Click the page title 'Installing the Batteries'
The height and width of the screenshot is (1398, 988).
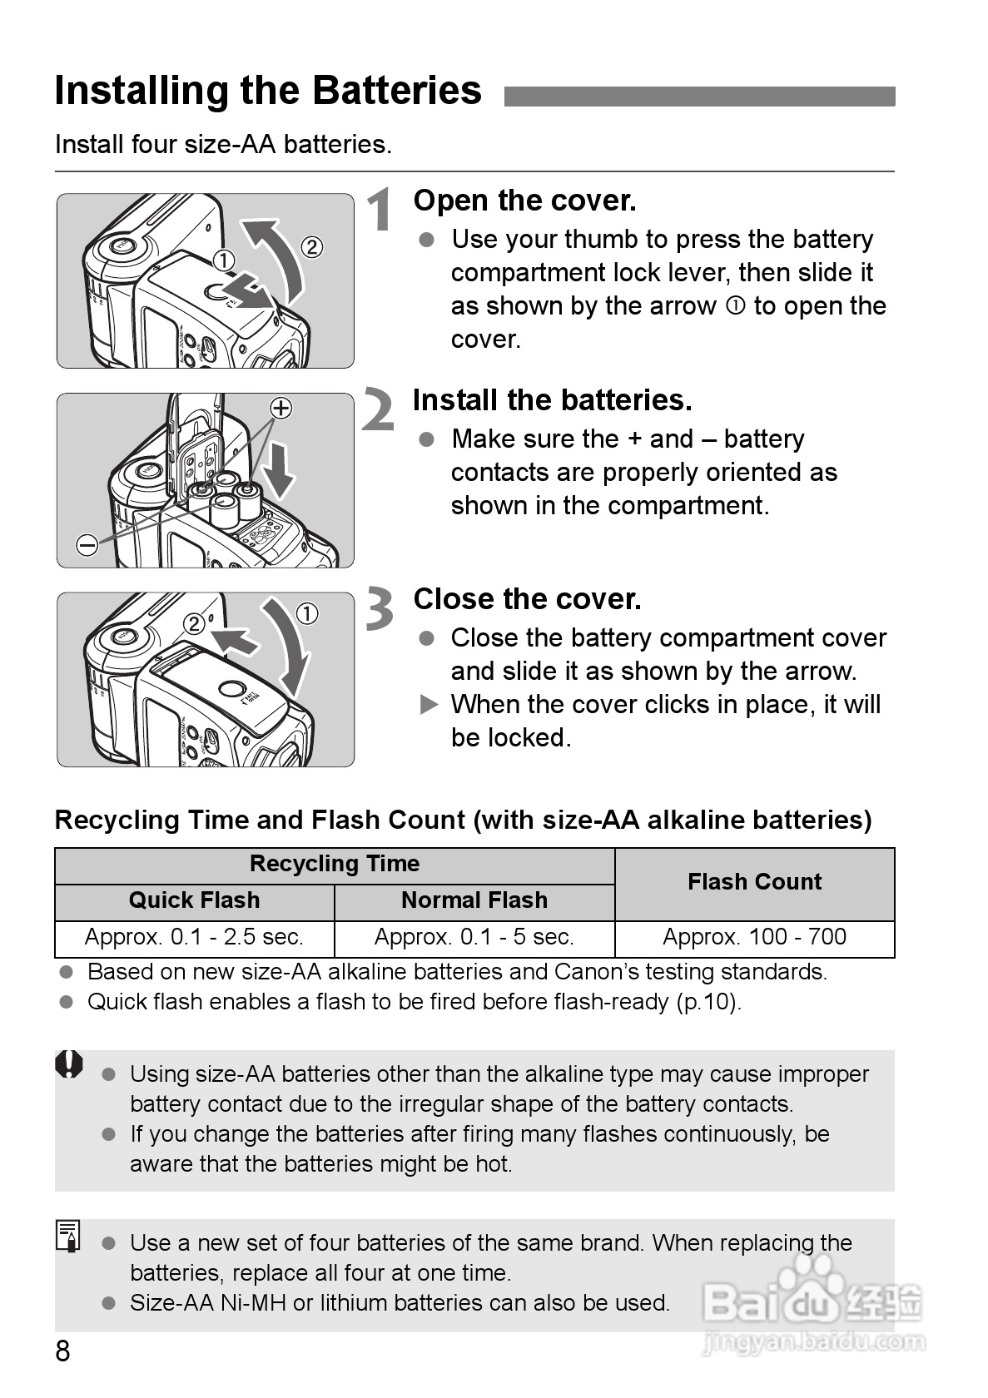click(268, 91)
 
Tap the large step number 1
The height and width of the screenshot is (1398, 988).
click(381, 210)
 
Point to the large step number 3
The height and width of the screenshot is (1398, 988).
click(380, 609)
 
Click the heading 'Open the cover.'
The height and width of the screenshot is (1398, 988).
click(524, 201)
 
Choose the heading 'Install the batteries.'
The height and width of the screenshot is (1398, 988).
click(552, 400)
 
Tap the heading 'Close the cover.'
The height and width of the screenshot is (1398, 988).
click(527, 599)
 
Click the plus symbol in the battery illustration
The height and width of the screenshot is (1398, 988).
click(281, 408)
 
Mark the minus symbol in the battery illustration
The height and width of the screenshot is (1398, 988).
click(87, 545)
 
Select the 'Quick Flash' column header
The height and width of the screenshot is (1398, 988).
click(194, 900)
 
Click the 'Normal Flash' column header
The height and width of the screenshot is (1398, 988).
click(474, 900)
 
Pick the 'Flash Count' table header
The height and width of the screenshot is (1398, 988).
click(754, 882)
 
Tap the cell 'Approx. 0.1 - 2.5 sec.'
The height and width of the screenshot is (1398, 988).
click(194, 938)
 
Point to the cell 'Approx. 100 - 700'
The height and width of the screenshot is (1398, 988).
click(754, 938)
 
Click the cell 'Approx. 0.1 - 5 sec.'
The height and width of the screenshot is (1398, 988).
click(474, 938)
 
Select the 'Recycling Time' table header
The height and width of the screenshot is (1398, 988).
click(335, 865)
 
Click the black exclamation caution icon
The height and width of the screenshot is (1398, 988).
click(70, 1064)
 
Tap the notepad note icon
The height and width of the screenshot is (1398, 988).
click(69, 1236)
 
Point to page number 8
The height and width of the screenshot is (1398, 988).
click(62, 1351)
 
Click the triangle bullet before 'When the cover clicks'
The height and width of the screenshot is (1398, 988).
click(429, 706)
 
